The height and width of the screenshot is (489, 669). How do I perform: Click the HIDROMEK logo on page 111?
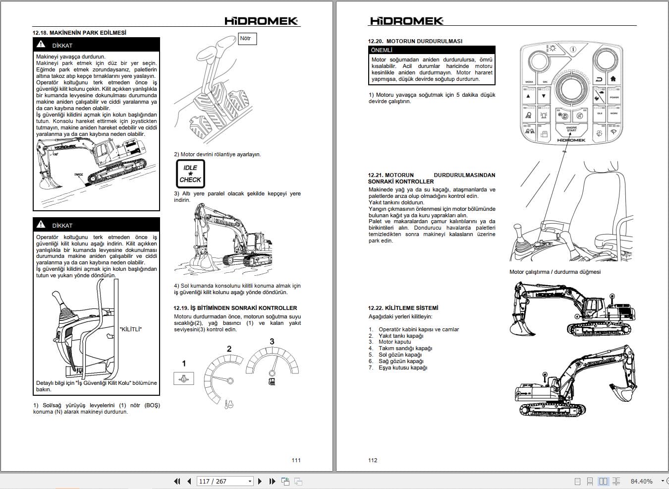(x=261, y=20)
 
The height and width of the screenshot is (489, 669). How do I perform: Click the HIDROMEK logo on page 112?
(x=406, y=20)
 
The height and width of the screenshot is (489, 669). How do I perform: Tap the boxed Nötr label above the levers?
(x=247, y=39)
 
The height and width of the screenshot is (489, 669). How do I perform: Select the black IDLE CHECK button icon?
(x=190, y=174)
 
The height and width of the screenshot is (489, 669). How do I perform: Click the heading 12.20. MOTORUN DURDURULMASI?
(x=415, y=41)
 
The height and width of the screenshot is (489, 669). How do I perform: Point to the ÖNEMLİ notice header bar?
(x=432, y=50)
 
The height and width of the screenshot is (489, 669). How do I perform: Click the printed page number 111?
(x=296, y=460)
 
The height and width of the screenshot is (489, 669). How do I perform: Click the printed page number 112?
(x=373, y=460)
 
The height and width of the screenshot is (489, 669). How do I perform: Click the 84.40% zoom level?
(x=641, y=481)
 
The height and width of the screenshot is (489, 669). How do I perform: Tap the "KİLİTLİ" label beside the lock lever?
(x=131, y=329)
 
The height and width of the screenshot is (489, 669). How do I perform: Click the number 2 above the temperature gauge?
(x=229, y=349)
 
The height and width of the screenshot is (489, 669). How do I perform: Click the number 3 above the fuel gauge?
(x=272, y=342)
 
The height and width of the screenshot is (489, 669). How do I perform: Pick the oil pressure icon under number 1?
(x=184, y=379)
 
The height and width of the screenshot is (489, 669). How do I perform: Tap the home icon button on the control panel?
(x=613, y=79)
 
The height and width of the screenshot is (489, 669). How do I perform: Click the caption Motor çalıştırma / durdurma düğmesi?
(x=555, y=272)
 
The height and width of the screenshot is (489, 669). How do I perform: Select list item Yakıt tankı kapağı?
(x=401, y=336)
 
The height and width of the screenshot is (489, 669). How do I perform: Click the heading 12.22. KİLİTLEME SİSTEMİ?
(x=403, y=308)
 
